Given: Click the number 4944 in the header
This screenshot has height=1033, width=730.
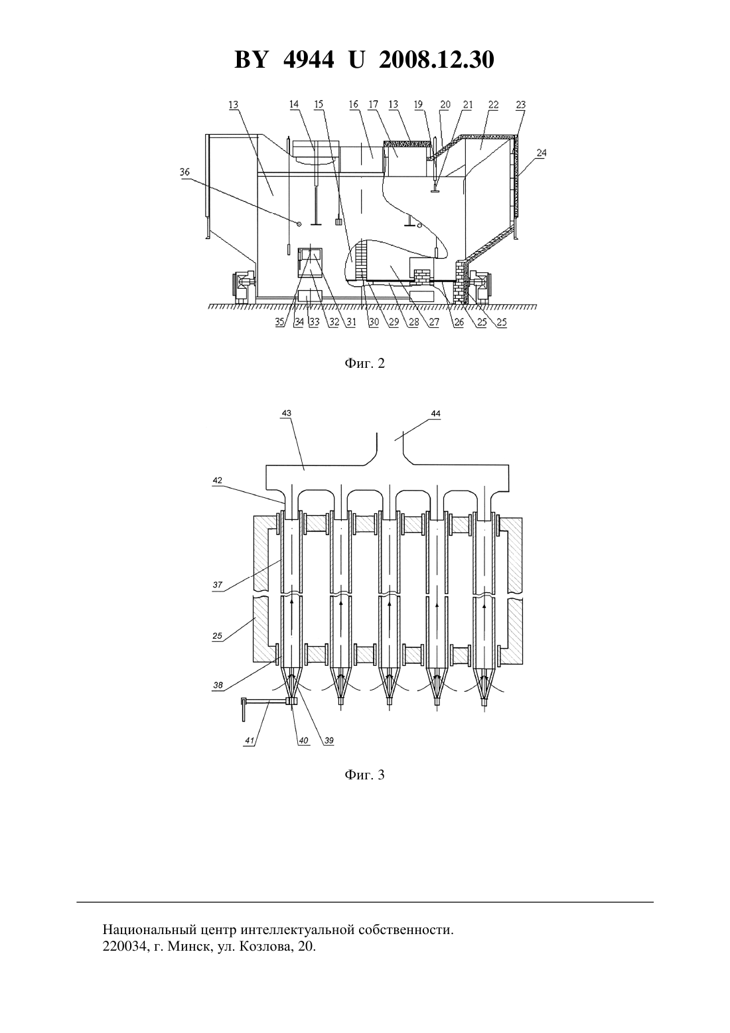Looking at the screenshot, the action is pyautogui.click(x=309, y=60).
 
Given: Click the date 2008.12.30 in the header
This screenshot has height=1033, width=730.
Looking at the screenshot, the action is pyautogui.click(x=436, y=60).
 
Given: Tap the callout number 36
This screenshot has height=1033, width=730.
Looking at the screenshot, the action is pyautogui.click(x=184, y=172).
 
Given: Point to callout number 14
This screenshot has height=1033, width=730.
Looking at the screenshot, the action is pyautogui.click(x=294, y=105).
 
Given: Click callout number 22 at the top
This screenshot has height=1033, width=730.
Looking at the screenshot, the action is pyautogui.click(x=493, y=105).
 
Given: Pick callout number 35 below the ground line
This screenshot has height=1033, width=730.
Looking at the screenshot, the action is pyautogui.click(x=280, y=322).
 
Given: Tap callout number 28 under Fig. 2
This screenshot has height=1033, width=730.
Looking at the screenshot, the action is pyautogui.click(x=414, y=322).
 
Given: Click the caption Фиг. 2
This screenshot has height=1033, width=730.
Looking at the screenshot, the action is pyautogui.click(x=364, y=363).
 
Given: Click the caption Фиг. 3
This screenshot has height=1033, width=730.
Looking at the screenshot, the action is pyautogui.click(x=364, y=774).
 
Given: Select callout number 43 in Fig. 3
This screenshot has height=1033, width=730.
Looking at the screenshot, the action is pyautogui.click(x=286, y=413).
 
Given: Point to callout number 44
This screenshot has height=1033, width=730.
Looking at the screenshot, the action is pyautogui.click(x=435, y=413).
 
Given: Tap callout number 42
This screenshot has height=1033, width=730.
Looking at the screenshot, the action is pyautogui.click(x=217, y=480).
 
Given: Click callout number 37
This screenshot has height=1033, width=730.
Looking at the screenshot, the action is pyautogui.click(x=218, y=585).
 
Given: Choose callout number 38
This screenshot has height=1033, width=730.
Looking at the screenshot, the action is pyautogui.click(x=218, y=685).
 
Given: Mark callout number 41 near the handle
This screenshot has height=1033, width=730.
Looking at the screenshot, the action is pyautogui.click(x=250, y=741).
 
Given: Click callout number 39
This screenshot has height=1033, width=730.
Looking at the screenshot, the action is pyautogui.click(x=328, y=741).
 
